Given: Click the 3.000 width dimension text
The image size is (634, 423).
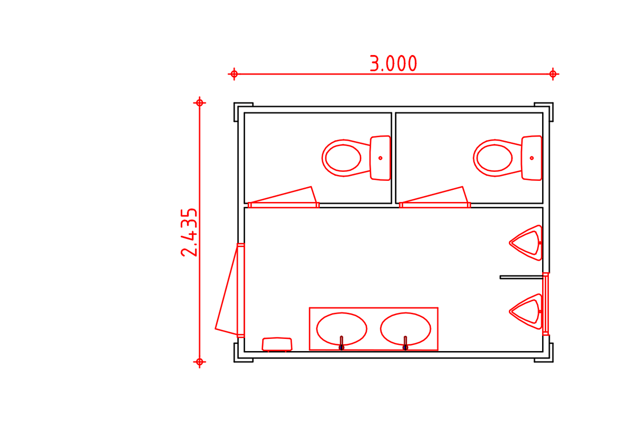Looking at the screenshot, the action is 393,63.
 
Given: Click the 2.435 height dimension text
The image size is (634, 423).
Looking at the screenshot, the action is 189,232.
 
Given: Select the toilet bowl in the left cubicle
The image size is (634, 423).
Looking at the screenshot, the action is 346,158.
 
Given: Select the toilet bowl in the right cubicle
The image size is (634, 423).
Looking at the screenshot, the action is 497,158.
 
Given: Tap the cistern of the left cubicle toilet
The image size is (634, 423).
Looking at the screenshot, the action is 380,158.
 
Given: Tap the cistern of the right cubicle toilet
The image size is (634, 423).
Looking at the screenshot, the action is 532,158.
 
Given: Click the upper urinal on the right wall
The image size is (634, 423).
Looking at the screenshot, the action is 526,243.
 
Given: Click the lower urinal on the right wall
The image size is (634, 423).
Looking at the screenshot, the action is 526,311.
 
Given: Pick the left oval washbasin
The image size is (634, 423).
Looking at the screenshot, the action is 342,329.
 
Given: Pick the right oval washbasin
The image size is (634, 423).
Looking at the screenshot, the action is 406,329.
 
